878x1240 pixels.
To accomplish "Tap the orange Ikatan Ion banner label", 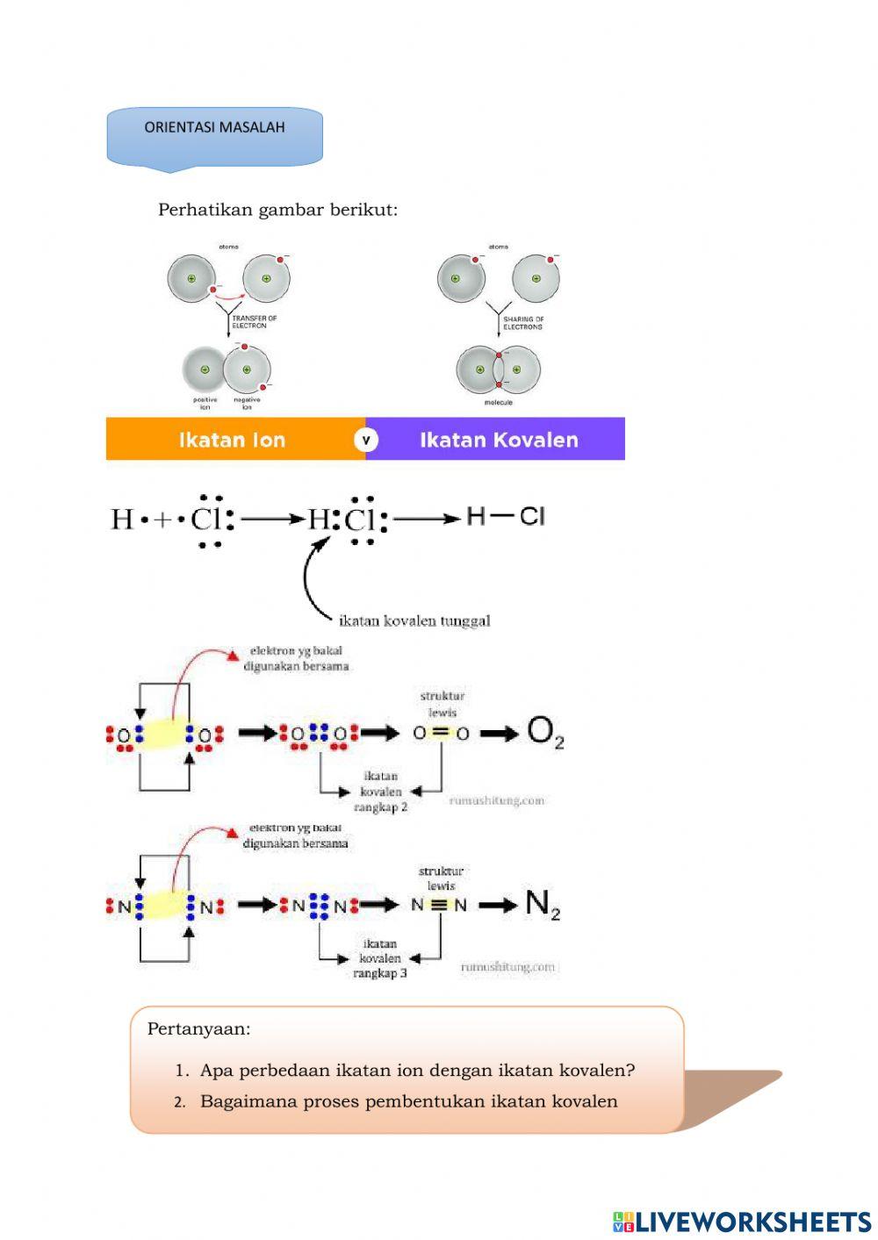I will click(x=232, y=440).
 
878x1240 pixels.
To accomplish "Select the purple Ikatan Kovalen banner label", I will click(x=499, y=440).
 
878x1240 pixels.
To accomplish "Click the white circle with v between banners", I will click(x=365, y=439).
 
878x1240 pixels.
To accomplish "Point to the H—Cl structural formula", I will click(x=505, y=516).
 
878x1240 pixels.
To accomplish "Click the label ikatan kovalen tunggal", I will click(x=414, y=620).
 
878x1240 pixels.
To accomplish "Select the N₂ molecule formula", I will click(x=542, y=904).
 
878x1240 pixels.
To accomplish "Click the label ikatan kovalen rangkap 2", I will click(x=381, y=791).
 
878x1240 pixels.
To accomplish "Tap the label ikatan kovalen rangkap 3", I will click(x=380, y=958).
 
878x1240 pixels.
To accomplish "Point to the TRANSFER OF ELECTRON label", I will click(x=255, y=322).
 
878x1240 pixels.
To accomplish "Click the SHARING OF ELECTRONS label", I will click(x=523, y=323).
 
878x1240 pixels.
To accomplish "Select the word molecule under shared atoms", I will click(x=498, y=402).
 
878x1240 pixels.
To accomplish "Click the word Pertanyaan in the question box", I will click(x=198, y=1029).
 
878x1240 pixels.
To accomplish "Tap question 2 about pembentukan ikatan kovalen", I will click(x=408, y=1101).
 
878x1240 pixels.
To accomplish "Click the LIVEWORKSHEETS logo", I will click(x=742, y=1222).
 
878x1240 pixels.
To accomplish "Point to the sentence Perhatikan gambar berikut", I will click(x=277, y=210).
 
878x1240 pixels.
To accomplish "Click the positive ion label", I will click(x=205, y=404).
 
